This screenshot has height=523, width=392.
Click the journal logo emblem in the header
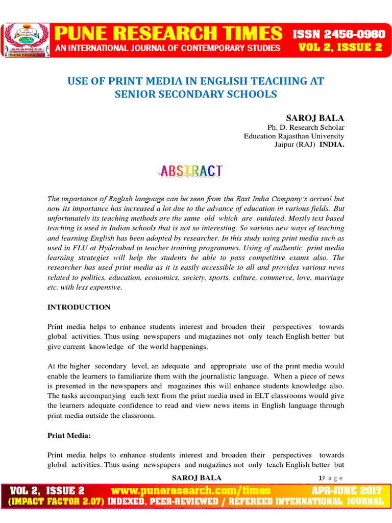pos(27,39)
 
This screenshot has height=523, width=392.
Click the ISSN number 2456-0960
pos(338,34)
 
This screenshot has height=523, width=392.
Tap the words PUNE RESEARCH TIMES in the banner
pos(168,34)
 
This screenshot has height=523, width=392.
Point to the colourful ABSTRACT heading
pos(189,171)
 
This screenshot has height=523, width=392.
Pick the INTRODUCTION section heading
pos(79,307)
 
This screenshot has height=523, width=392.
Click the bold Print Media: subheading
pos(68,436)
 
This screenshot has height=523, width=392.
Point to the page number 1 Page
pos(330,478)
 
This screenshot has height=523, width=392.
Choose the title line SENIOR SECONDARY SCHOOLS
pos(196,94)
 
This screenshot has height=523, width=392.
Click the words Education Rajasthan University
pos(293,136)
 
